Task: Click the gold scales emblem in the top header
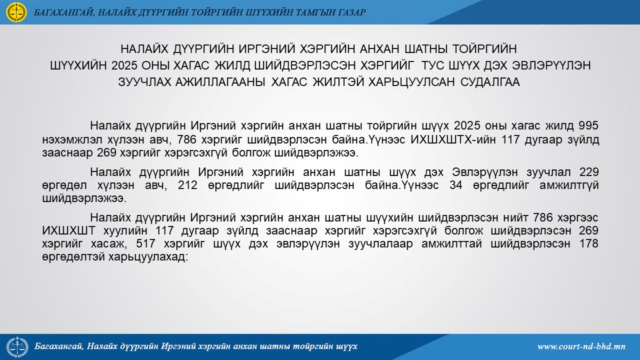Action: (17, 12)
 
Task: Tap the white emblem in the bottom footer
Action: (17, 347)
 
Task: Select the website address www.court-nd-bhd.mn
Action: (581, 346)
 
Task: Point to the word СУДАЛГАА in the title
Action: (490, 82)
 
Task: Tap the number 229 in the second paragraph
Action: (589, 172)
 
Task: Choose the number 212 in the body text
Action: (187, 185)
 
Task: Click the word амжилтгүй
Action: (569, 185)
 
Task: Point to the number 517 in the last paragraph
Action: (145, 243)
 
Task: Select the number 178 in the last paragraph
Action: (588, 243)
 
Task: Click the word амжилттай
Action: (451, 243)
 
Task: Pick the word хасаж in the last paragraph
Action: (107, 244)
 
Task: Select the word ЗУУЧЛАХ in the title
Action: (144, 82)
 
